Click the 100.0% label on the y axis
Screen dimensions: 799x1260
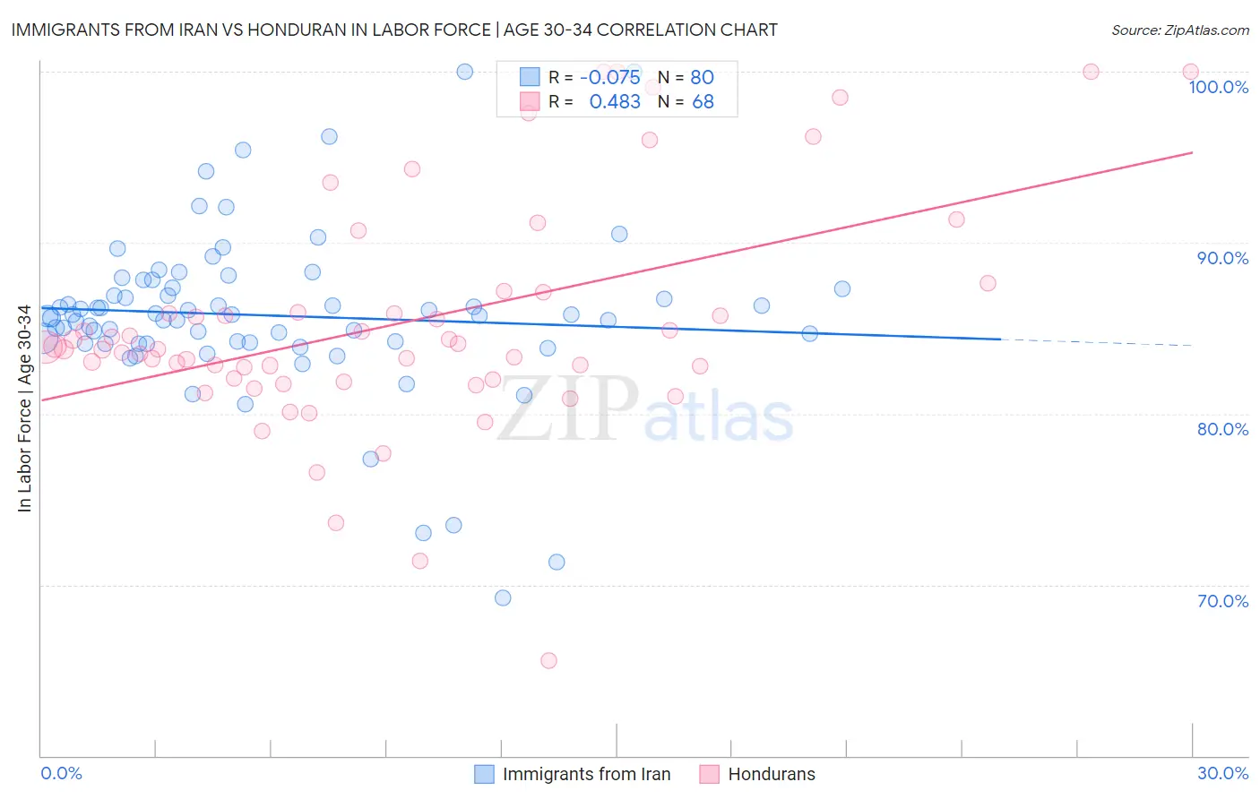[x=1218, y=87]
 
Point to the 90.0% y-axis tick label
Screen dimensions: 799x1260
[x=1222, y=258]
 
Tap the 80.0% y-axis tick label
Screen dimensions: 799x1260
[x=1222, y=429]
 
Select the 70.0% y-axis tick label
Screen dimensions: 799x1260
[x=1222, y=601]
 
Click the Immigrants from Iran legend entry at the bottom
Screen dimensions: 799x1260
[x=586, y=775]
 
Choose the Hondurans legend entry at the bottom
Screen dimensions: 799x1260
[x=771, y=775]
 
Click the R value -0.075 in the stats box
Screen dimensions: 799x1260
[x=609, y=77]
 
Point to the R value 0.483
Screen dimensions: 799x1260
[x=615, y=102]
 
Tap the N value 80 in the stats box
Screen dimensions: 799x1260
[x=702, y=77]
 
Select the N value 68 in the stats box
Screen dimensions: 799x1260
[x=703, y=102]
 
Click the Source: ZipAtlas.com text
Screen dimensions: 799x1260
[x=1179, y=30]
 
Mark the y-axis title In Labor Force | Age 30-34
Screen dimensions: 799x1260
[x=25, y=408]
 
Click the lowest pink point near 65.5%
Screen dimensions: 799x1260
[x=548, y=660]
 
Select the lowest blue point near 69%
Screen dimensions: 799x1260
[x=503, y=597]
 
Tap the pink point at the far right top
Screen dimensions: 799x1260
[x=1190, y=72]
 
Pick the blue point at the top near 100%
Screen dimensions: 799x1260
[x=464, y=72]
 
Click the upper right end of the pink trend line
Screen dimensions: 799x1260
[x=1192, y=152]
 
